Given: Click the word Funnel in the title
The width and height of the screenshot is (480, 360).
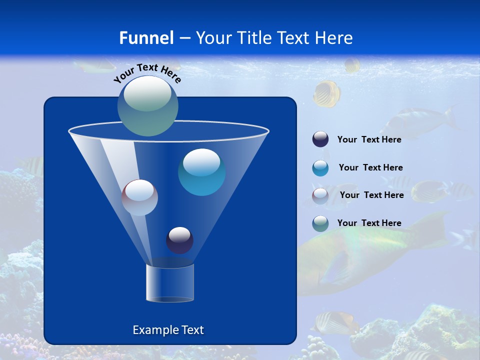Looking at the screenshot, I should (x=146, y=38).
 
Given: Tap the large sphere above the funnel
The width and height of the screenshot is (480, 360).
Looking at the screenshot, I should (x=148, y=105).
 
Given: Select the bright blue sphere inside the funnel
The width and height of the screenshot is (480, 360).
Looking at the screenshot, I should (x=201, y=172).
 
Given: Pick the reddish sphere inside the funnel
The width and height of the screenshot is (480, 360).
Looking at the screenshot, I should (x=139, y=197).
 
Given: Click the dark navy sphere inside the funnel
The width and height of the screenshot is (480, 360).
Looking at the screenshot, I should (x=179, y=240).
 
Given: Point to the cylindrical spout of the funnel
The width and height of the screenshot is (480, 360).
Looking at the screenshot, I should (x=169, y=282).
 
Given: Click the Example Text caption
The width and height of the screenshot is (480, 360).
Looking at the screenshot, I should (x=168, y=330).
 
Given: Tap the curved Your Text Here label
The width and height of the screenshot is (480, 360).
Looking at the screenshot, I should (x=147, y=72).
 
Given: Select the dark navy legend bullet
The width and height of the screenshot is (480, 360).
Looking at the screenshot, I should (x=320, y=139).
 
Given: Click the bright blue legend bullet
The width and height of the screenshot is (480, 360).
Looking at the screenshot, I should (x=320, y=168).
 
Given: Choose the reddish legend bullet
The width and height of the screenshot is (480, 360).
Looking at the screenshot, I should (x=320, y=195).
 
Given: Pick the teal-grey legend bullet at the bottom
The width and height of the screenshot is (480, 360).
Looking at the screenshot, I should (x=320, y=223).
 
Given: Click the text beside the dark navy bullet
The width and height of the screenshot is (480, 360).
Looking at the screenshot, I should (x=369, y=139).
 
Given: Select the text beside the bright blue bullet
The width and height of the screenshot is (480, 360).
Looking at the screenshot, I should (x=370, y=167).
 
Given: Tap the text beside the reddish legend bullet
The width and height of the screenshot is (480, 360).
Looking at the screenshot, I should (x=371, y=195).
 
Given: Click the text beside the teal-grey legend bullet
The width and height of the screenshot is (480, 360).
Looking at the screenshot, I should (x=369, y=223).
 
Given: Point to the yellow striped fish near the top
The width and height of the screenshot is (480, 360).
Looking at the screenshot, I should (x=327, y=94).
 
